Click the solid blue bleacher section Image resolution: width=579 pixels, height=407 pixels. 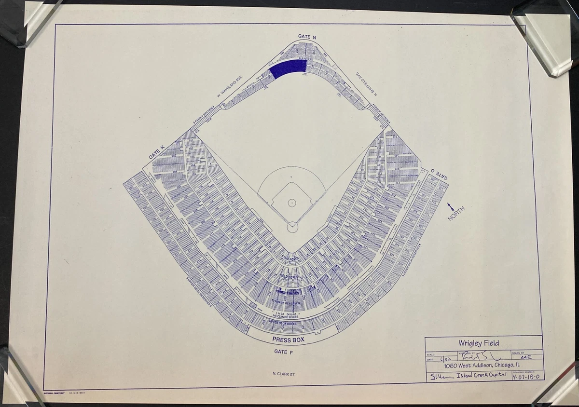[x=288, y=68]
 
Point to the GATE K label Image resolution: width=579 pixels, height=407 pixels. [x=157, y=153]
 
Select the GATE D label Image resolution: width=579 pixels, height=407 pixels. [x=439, y=175]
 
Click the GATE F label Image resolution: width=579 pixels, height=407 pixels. [x=284, y=352]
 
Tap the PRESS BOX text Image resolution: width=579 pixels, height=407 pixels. [x=288, y=340]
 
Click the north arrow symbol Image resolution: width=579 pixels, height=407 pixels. [x=451, y=206]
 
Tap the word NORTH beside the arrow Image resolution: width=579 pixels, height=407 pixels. [x=456, y=214]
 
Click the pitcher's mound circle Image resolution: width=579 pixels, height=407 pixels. [x=292, y=203]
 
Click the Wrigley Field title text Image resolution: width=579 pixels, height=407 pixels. [x=479, y=343]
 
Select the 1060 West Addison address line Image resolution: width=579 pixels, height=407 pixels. [x=482, y=366]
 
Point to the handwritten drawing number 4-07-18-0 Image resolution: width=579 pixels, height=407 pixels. [x=527, y=376]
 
